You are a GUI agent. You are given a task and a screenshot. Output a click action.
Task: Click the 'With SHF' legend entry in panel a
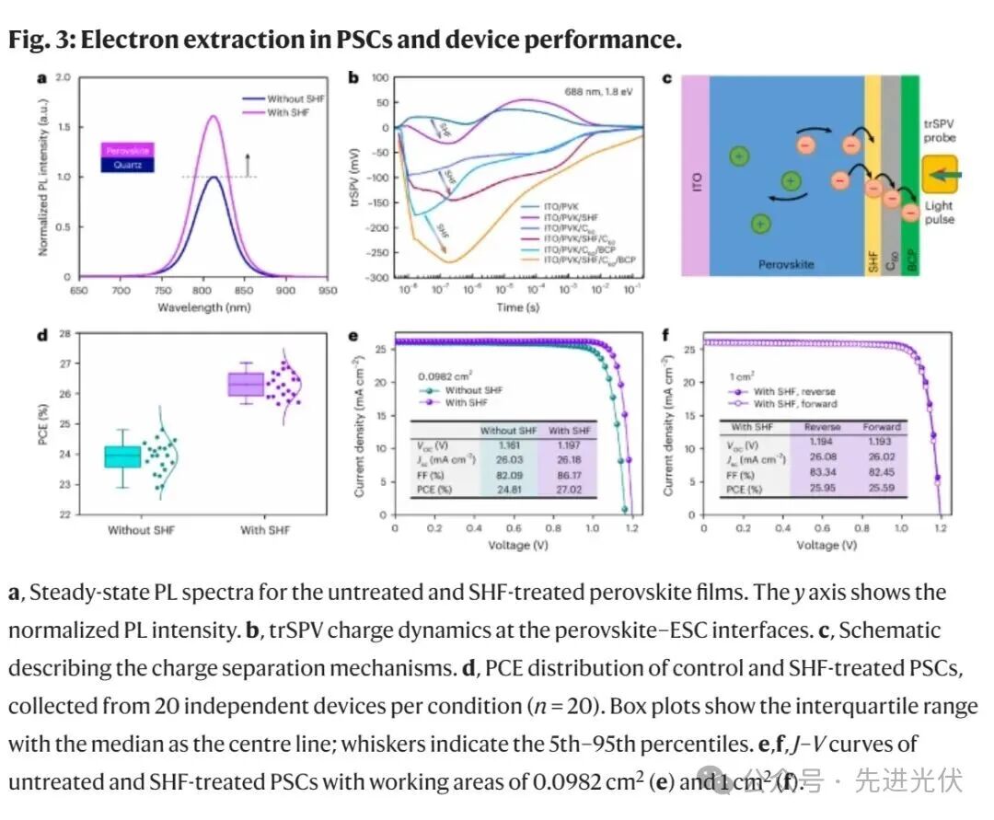coord(292,112)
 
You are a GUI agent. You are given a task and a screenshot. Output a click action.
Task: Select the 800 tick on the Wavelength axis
coord(203,290)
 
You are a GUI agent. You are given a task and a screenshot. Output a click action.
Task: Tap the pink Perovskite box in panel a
coord(127,149)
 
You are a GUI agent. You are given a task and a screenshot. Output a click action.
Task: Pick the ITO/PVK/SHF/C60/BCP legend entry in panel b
coord(590,261)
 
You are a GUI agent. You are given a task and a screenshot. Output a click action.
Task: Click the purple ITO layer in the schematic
coord(696,176)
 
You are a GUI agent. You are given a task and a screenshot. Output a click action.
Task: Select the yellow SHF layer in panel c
coord(873,176)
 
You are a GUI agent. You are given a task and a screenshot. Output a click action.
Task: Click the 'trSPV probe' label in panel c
coord(940,130)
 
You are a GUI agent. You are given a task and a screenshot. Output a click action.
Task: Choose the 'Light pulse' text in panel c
coord(939,214)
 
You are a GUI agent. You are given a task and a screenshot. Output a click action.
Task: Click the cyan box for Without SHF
coord(122,456)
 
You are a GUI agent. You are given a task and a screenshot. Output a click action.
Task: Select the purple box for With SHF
coord(246,384)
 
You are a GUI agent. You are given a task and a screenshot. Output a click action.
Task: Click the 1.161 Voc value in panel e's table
coord(508,445)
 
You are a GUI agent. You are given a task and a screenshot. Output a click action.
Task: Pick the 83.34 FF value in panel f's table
coord(822,474)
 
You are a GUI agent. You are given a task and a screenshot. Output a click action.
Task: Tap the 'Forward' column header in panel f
coord(881,427)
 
